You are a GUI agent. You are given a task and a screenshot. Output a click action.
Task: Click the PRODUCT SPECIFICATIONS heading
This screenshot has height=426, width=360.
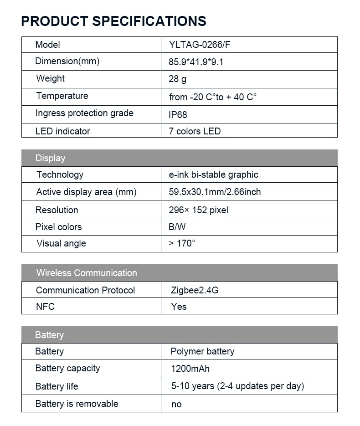(113, 21)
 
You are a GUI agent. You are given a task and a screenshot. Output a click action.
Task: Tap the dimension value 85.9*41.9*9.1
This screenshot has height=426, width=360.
(196, 62)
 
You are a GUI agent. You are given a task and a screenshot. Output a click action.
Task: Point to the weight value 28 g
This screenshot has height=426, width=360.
(177, 79)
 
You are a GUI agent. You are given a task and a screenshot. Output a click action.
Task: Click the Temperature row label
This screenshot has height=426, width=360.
(62, 96)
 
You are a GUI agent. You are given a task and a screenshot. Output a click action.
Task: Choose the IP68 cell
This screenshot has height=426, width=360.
(178, 114)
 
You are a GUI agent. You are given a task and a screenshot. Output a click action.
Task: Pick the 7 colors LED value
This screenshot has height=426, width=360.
(195, 131)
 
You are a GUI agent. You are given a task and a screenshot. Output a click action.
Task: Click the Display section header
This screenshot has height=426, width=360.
(50, 158)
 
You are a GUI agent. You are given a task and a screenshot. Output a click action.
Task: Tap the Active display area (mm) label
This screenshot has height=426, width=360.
(86, 192)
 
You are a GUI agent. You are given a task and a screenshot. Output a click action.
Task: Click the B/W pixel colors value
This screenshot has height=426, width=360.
(177, 227)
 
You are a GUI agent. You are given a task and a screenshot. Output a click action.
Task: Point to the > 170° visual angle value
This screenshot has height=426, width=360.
(182, 243)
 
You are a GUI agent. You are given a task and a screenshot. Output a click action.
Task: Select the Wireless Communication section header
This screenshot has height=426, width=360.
(87, 273)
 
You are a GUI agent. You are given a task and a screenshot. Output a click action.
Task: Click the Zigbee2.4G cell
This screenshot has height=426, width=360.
(195, 290)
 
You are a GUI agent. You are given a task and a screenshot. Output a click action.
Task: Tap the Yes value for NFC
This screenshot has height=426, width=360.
(179, 307)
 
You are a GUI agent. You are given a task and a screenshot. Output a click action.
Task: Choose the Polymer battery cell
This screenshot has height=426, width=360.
(202, 351)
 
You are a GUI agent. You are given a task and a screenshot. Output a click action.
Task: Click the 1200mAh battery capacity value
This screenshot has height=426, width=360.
(190, 369)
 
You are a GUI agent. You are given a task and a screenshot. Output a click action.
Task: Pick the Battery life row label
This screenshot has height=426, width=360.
(57, 386)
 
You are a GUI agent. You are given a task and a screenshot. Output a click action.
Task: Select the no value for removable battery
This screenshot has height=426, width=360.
(176, 404)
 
